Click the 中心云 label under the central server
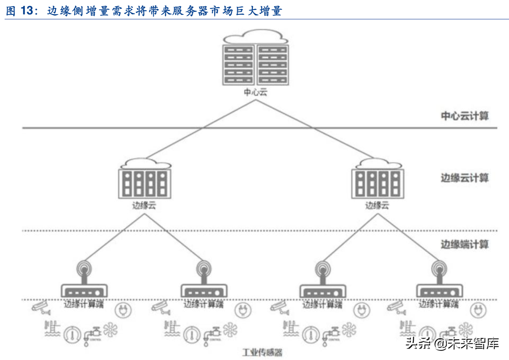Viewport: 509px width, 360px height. point(255,92)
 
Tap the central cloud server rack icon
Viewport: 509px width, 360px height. point(255,64)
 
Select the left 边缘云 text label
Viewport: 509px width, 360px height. point(144,205)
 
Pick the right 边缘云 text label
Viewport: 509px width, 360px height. point(377,205)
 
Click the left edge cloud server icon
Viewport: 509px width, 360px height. point(144,183)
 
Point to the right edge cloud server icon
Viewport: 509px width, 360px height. point(378,183)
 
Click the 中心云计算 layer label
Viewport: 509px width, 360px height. point(465,116)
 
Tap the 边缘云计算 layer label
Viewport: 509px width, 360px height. point(465,178)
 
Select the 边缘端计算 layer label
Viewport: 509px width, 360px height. point(465,244)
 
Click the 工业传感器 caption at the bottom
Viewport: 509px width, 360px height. point(262,352)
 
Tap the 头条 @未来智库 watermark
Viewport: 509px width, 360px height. point(452,343)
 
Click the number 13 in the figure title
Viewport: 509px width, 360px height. point(27,11)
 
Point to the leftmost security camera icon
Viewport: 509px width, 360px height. point(41,307)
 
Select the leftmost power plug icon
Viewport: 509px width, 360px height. point(123,310)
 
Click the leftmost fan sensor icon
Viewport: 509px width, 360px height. point(110,330)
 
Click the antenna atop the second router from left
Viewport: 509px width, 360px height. point(204,269)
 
